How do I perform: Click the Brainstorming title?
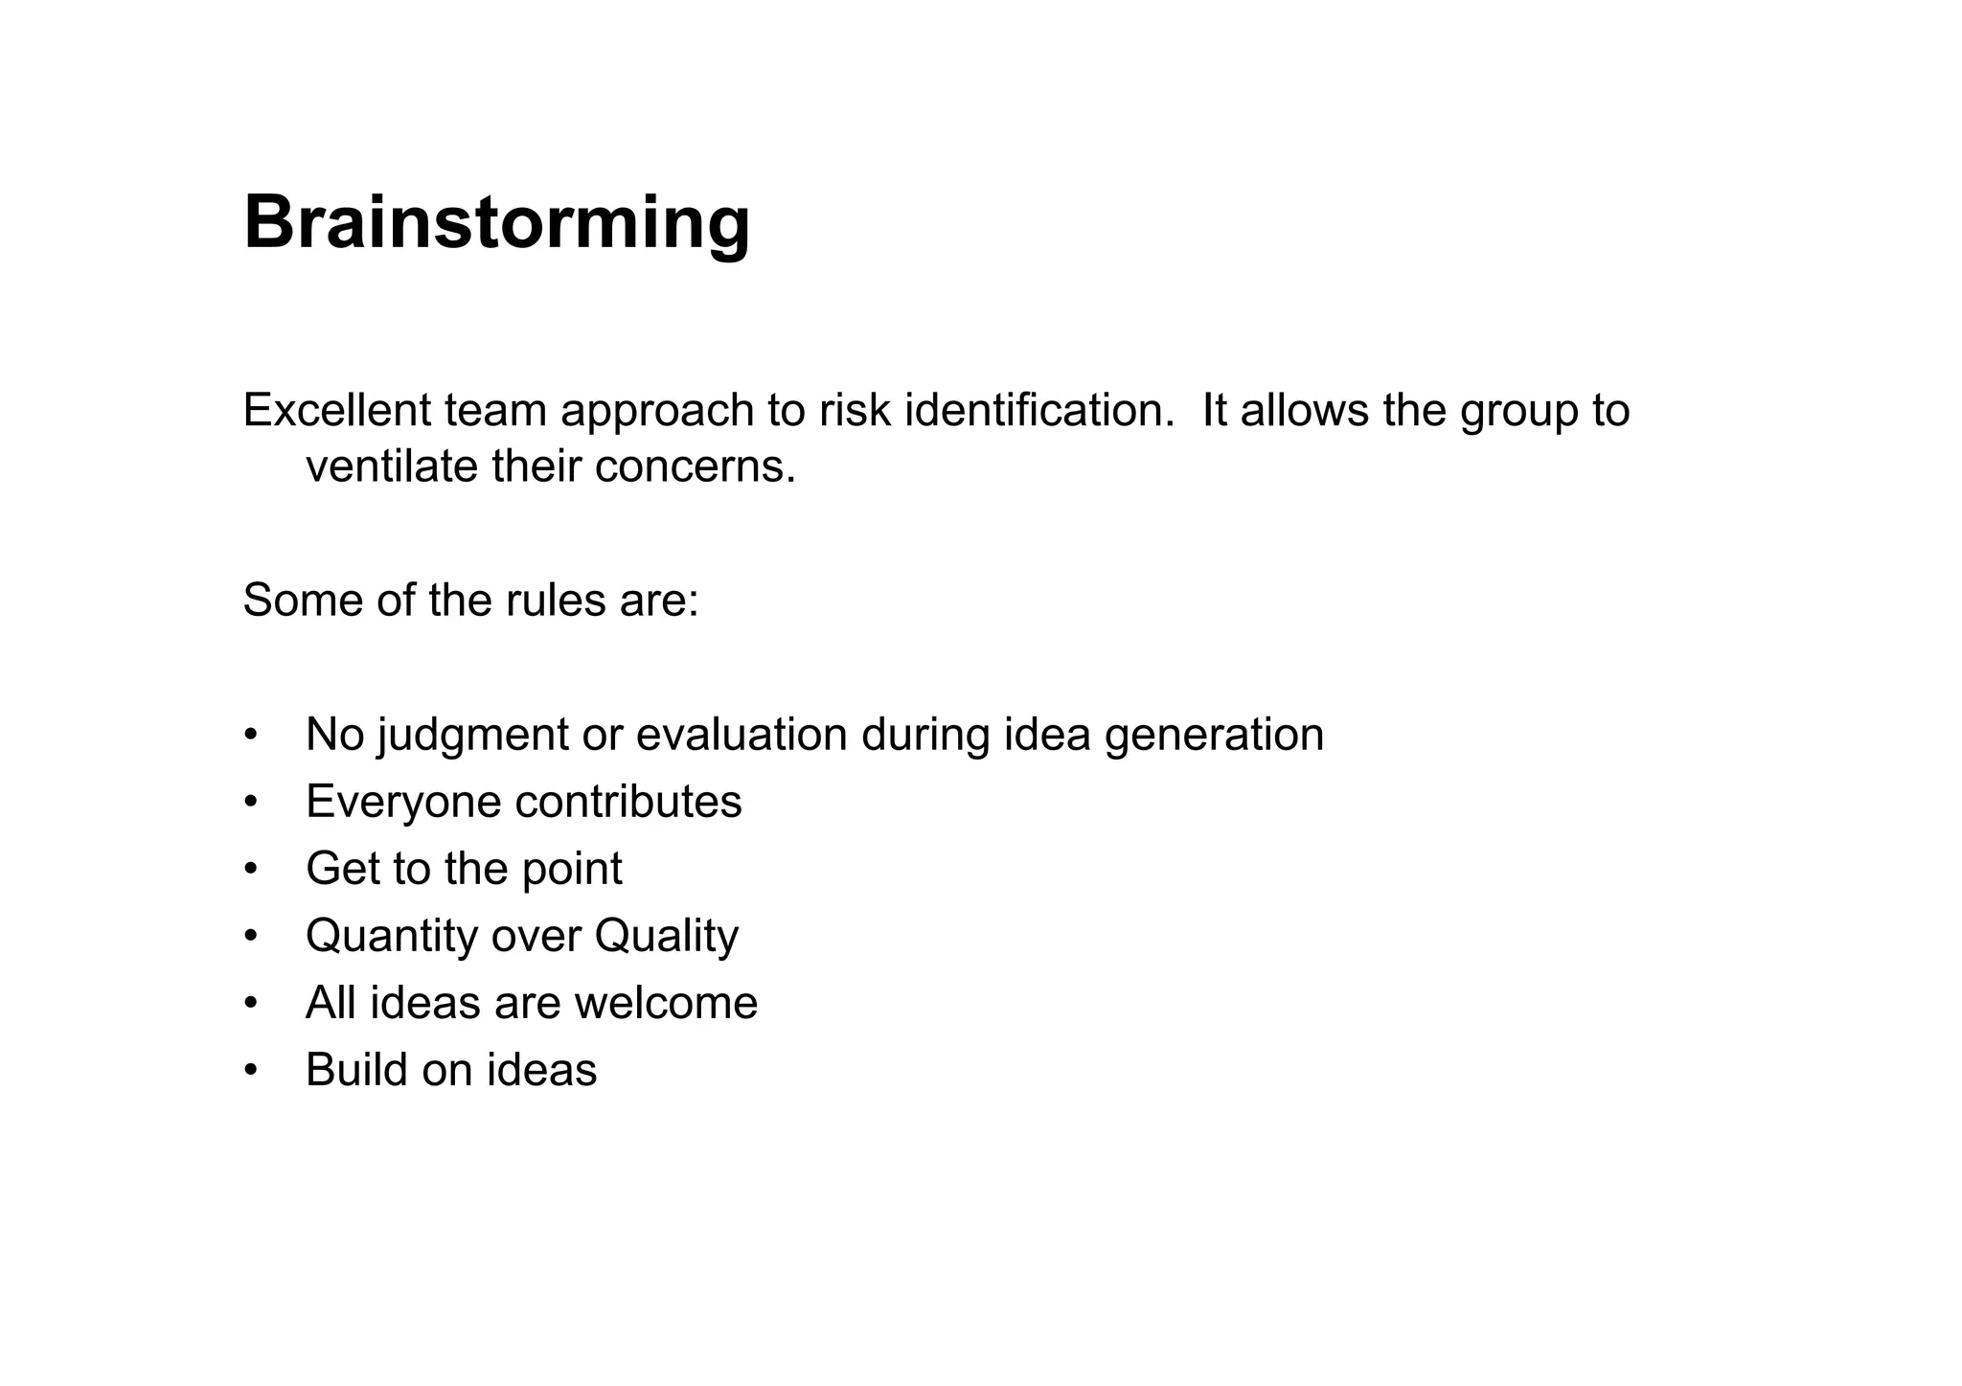click(x=496, y=222)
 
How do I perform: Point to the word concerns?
click(x=696, y=466)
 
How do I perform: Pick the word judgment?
click(x=473, y=736)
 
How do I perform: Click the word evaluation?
click(x=741, y=735)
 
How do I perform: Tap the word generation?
click(x=1214, y=736)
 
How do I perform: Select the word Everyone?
click(x=402, y=802)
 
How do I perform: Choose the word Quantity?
click(x=391, y=936)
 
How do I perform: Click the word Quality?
click(x=666, y=936)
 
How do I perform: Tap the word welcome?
click(x=666, y=1003)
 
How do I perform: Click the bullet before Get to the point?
click(x=251, y=870)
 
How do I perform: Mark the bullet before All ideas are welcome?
click(x=251, y=1004)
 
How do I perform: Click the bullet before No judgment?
click(x=251, y=736)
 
